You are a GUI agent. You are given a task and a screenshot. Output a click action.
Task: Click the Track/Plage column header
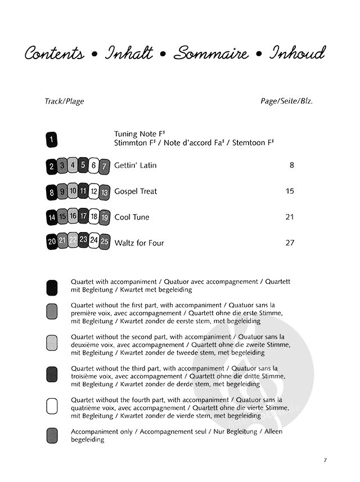[64, 102]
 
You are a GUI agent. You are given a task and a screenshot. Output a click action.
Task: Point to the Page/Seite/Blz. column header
[286, 102]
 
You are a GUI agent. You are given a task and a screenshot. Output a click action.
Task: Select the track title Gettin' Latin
[135, 166]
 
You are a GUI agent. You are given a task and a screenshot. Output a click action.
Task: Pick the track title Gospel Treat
[136, 191]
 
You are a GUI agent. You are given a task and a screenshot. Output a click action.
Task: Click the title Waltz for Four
[139, 243]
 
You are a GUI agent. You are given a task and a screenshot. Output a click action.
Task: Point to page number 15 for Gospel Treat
[290, 191]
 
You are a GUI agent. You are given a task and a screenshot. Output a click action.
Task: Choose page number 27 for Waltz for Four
[290, 243]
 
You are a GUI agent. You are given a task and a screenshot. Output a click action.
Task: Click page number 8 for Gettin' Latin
[291, 166]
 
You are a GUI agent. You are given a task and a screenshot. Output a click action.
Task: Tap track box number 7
[104, 167]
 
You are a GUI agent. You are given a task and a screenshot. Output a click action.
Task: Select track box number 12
[94, 191]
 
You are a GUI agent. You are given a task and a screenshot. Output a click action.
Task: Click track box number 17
[83, 216]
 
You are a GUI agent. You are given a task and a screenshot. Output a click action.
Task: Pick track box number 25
[104, 242]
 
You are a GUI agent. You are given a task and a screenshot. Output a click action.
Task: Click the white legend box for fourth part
[52, 406]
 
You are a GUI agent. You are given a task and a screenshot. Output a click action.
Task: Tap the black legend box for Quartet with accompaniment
[52, 286]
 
